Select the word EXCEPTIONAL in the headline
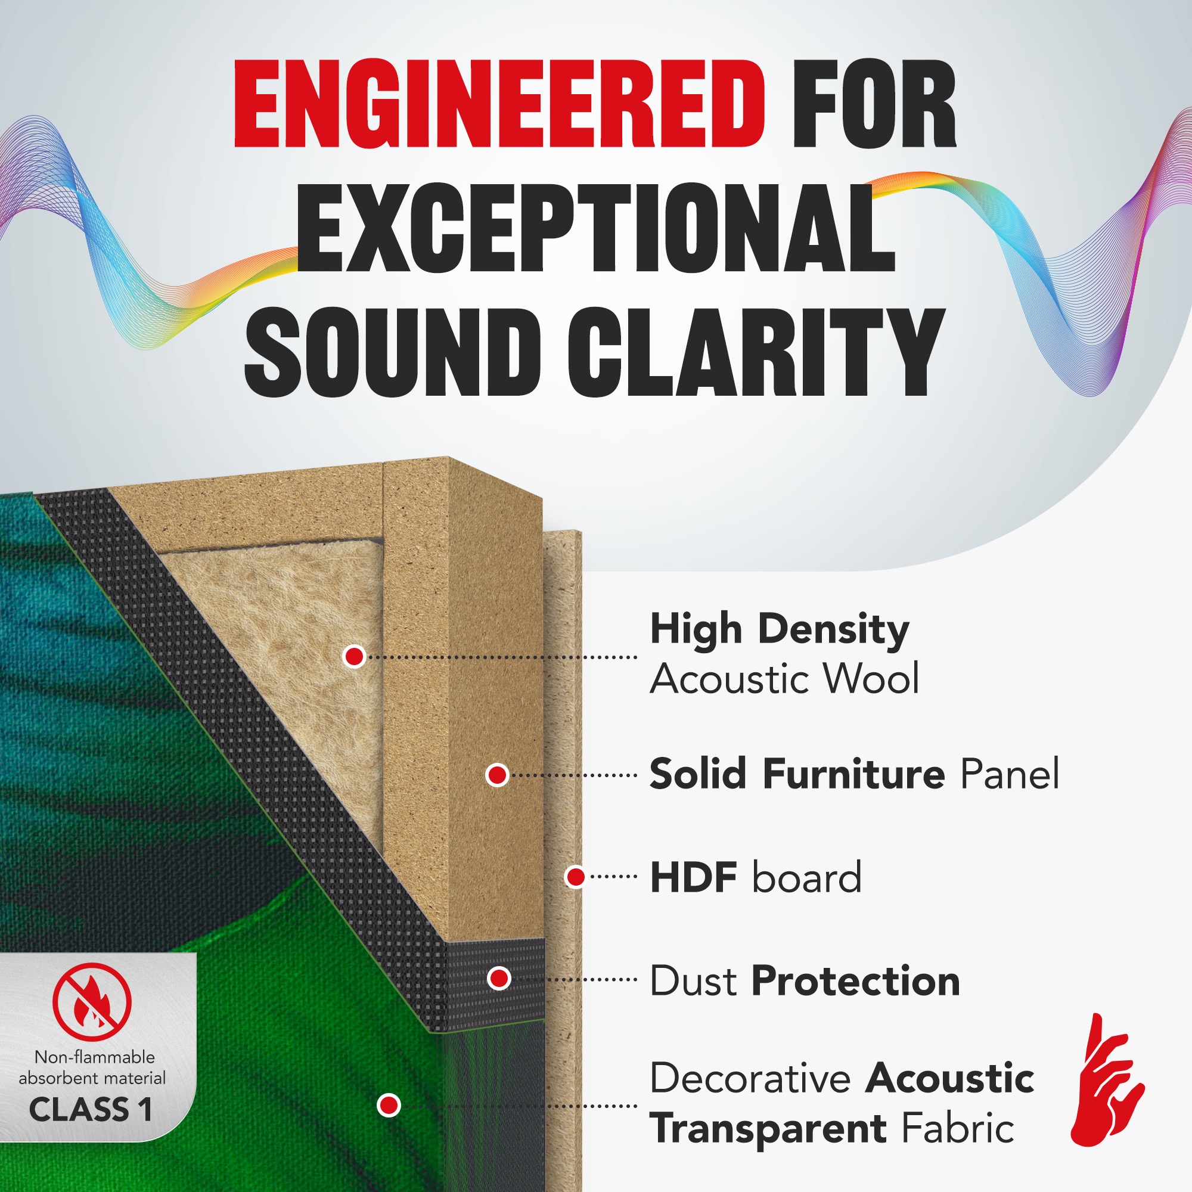tap(596, 228)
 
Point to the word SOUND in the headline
tap(393, 352)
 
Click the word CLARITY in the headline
tap(756, 352)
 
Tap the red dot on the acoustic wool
tap(354, 656)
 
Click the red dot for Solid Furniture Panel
tap(497, 775)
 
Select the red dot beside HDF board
tap(575, 877)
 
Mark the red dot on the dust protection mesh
tap(498, 979)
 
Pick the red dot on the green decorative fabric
tap(389, 1105)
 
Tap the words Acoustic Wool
tap(785, 679)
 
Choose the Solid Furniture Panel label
tap(855, 774)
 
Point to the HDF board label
tap(756, 877)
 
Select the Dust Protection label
tap(805, 981)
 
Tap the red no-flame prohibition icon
tap(92, 1002)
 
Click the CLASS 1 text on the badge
tap(91, 1109)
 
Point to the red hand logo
tap(1106, 1081)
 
